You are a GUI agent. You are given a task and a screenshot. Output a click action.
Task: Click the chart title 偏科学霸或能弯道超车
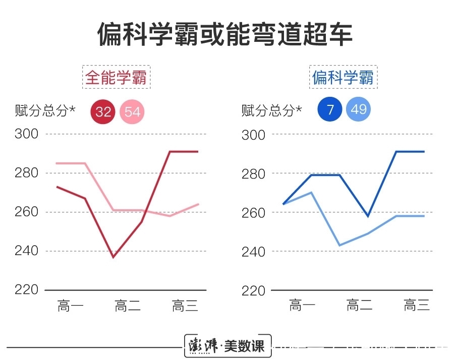[x=225, y=35]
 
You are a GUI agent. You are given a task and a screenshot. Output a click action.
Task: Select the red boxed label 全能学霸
[x=118, y=78]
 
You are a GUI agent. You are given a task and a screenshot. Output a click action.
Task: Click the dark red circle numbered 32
[x=103, y=111]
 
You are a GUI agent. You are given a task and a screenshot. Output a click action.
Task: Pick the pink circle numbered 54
[x=132, y=111]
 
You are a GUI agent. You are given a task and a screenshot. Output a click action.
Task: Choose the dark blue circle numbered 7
[x=330, y=110]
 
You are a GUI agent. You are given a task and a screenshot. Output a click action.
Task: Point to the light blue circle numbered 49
[x=359, y=110]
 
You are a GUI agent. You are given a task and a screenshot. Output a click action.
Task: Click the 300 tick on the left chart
[x=27, y=134]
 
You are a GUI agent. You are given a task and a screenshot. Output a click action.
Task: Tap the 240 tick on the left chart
[x=27, y=251]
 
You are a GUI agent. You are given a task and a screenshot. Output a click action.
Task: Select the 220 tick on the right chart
[x=254, y=290]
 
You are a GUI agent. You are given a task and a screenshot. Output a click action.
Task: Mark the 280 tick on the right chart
[x=254, y=173]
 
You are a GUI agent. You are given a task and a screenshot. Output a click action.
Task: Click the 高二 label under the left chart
[x=128, y=306]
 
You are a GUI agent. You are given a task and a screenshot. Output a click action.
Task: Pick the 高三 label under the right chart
[x=417, y=305]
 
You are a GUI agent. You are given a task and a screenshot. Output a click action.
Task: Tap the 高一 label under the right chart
[x=302, y=305]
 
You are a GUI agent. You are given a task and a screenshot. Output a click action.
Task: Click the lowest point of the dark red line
[x=113, y=258]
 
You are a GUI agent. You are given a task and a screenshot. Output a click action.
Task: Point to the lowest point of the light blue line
[x=339, y=246]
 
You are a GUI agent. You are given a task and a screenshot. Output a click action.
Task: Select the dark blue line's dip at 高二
[x=368, y=216]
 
